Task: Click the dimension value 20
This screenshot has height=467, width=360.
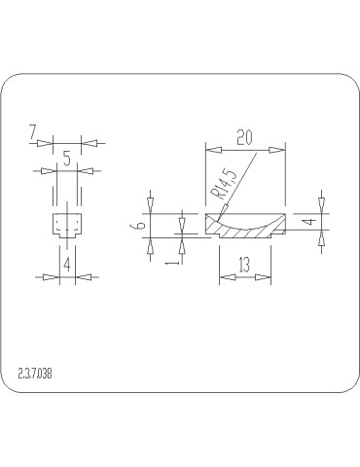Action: pos(244,138)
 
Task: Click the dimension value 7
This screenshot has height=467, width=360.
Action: pos(33,130)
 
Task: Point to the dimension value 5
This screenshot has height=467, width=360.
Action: pos(65,156)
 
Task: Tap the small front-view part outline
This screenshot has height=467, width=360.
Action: pos(65,226)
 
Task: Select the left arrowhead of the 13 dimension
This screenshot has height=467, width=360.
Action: pos(226,277)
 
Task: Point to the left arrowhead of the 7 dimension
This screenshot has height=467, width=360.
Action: pos(43,143)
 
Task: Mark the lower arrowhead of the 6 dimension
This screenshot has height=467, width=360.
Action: pos(150,245)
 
